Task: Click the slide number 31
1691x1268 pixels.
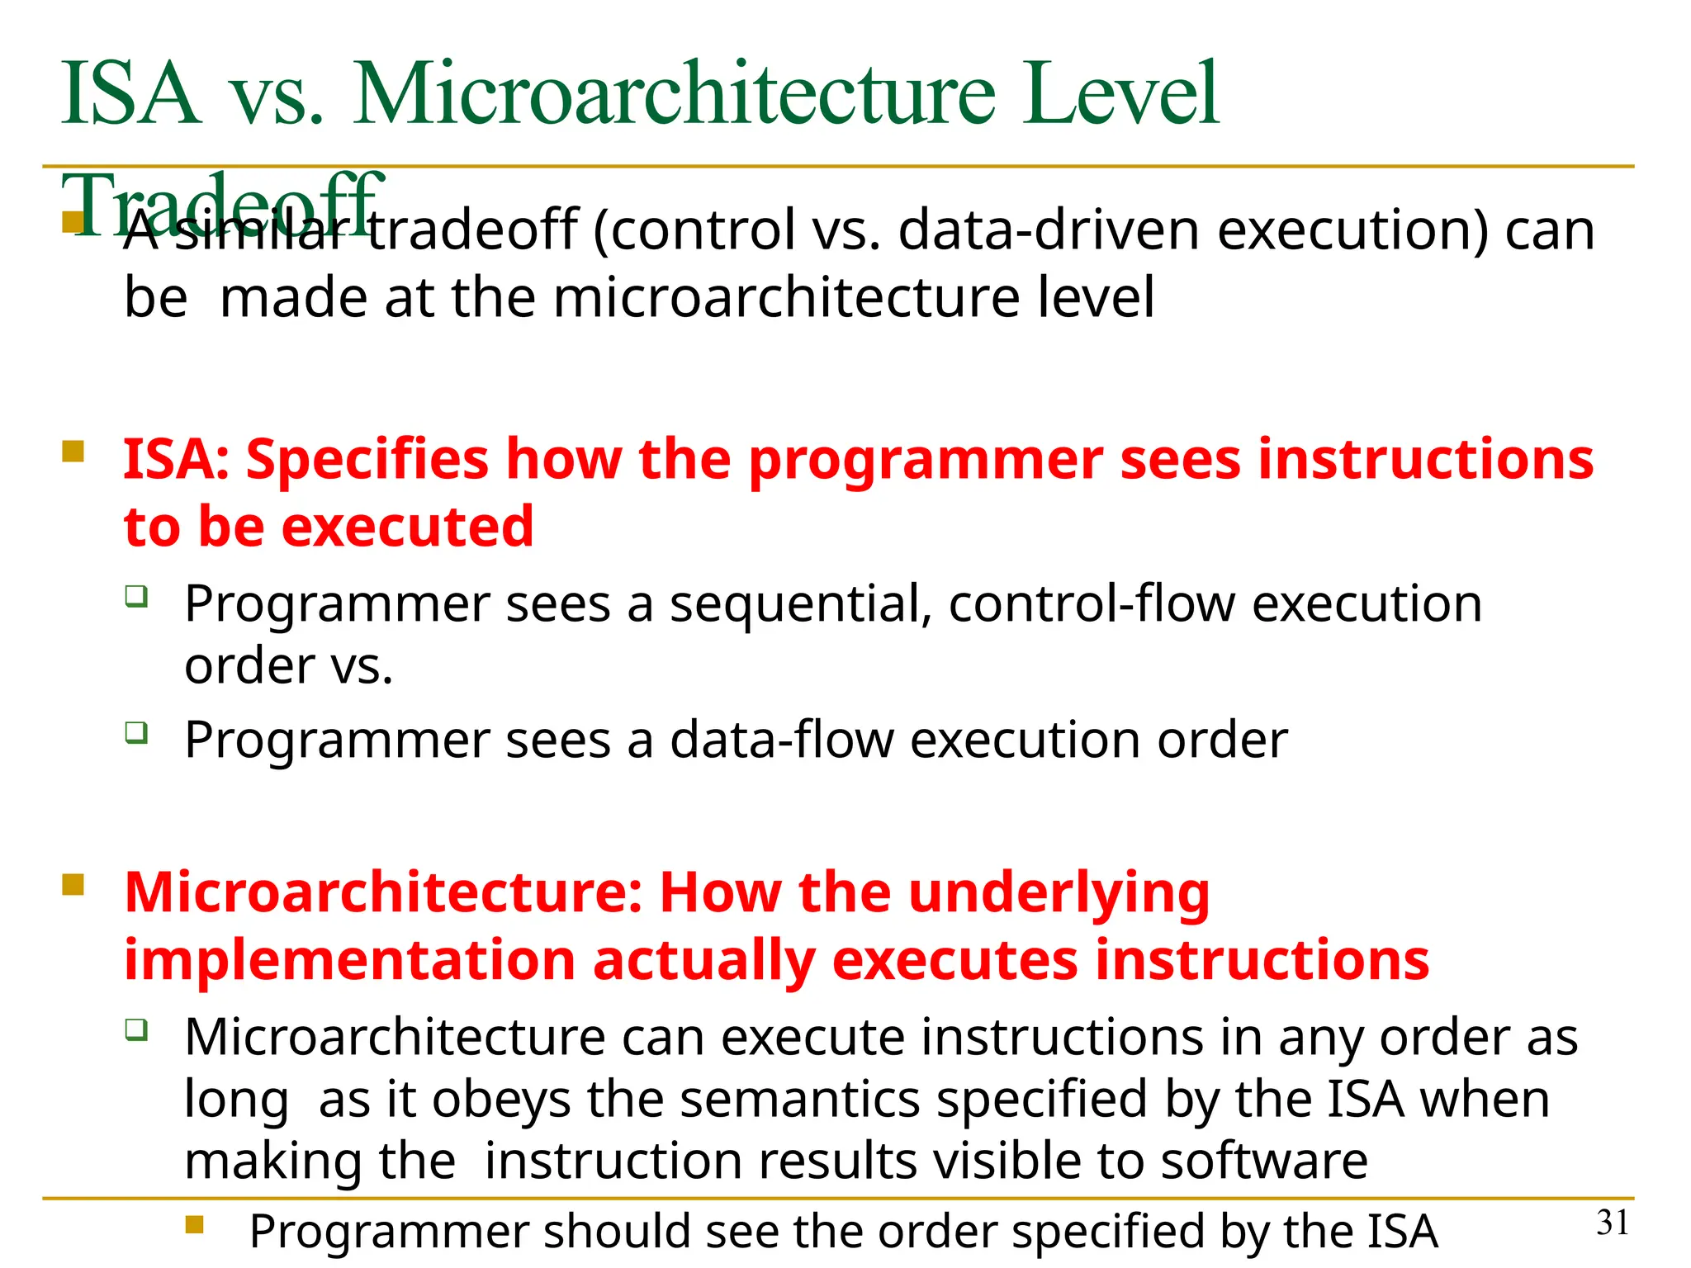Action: pos(1613,1223)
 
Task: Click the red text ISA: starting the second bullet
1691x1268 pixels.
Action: pos(176,459)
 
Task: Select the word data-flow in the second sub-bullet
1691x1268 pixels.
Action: pos(781,740)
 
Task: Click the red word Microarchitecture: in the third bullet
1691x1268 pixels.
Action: pos(383,892)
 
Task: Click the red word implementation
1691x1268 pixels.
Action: pos(349,961)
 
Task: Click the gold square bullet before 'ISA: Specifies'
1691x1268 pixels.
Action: pos(73,452)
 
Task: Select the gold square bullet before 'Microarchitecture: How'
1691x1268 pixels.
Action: pos(73,885)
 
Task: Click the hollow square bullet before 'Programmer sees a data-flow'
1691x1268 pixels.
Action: pos(136,732)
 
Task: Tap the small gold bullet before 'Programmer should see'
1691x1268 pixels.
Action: pos(195,1223)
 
